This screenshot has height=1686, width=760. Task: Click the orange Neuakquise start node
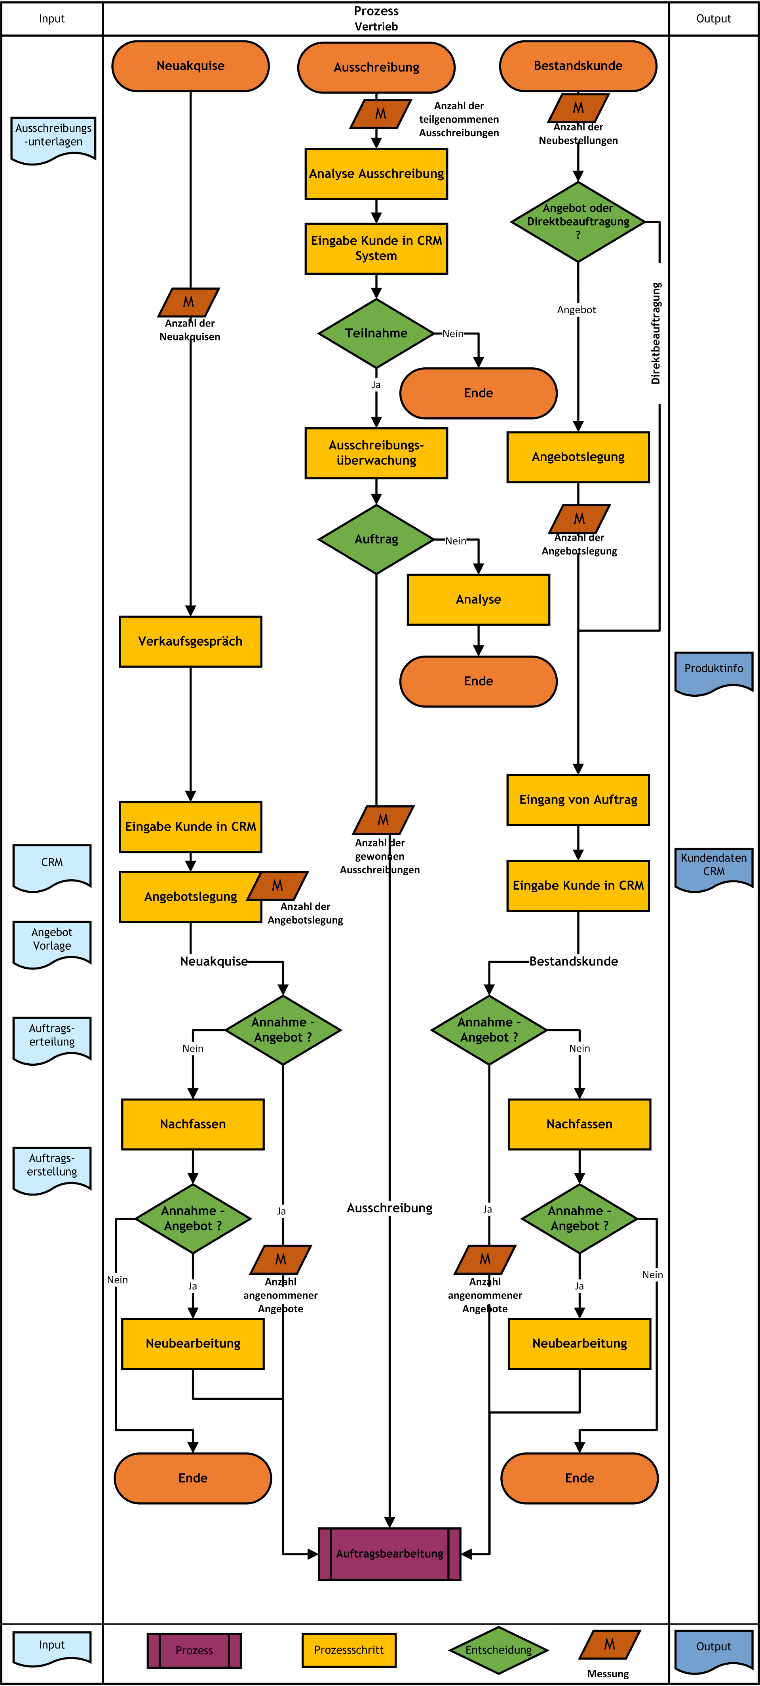pos(190,66)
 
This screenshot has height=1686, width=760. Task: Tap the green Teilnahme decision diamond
pos(376,333)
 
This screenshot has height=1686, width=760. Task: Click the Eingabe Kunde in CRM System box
pos(376,249)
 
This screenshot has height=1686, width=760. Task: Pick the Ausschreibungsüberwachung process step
pos(376,453)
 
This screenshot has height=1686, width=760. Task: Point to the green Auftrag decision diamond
pos(376,539)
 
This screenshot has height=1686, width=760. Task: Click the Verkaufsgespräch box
pos(190,641)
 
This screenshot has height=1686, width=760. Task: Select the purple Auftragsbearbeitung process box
pos(389,1554)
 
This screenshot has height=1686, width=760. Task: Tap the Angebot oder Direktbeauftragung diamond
pos(578,222)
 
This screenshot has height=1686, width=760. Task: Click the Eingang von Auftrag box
pos(578,800)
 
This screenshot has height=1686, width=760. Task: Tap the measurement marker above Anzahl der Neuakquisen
pos(188,302)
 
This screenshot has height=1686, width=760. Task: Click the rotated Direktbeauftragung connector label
pos(656,333)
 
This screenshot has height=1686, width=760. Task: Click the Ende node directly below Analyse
pos(479,681)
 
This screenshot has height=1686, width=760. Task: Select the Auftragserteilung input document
pos(52,1040)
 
